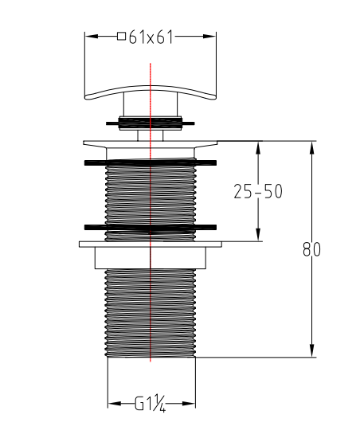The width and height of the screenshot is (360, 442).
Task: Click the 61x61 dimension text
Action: pyautogui.click(x=152, y=37)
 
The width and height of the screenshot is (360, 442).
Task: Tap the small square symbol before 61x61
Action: pyautogui.click(x=121, y=37)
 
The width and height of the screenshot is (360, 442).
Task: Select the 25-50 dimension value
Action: pyautogui.click(x=257, y=191)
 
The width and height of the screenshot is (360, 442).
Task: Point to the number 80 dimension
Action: pyautogui.click(x=311, y=249)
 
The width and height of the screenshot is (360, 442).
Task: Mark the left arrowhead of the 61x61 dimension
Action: pyautogui.click(x=88, y=37)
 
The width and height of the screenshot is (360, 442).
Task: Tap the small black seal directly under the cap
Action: pyautogui.click(x=150, y=122)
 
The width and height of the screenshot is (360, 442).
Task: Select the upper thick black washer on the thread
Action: pyautogui.click(x=150, y=162)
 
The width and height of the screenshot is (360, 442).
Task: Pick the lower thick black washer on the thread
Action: pyautogui.click(x=150, y=227)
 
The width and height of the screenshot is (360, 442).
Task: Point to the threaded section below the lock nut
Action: pyautogui.click(x=150, y=311)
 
